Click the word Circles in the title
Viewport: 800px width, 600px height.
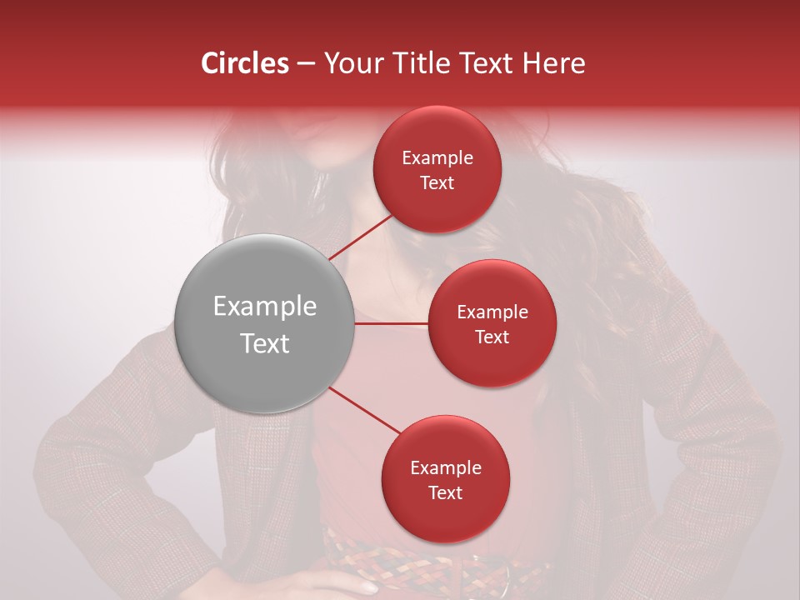(x=245, y=63)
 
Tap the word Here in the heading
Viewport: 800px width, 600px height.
(x=553, y=63)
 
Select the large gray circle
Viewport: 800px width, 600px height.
(x=265, y=323)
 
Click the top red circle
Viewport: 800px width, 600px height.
(x=437, y=169)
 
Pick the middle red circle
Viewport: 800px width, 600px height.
(x=492, y=323)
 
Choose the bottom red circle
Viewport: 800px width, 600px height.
(x=445, y=479)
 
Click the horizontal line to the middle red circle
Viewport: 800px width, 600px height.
(x=392, y=323)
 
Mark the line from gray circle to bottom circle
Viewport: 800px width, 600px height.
(x=365, y=411)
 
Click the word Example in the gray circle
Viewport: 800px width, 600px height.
(x=265, y=307)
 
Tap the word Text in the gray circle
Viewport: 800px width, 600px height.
(x=265, y=343)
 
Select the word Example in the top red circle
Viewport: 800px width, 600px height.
(x=437, y=157)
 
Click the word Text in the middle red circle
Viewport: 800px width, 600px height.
(x=492, y=337)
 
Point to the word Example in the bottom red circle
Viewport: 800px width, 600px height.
(x=445, y=467)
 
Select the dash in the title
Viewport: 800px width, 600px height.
(x=305, y=64)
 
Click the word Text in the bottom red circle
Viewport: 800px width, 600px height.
(x=445, y=492)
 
